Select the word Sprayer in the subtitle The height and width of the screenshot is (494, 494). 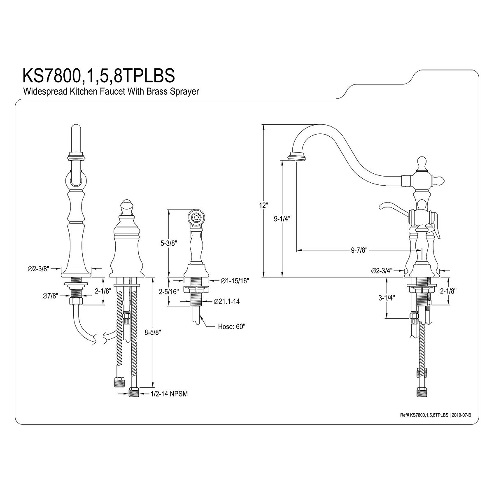point(186,91)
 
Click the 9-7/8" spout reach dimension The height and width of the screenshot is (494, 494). point(359,250)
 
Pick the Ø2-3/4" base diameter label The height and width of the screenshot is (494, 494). point(382,270)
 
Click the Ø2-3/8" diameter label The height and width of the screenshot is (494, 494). point(39,268)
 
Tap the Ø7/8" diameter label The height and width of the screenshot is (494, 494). point(50,296)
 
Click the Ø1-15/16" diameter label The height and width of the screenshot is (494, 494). point(235,281)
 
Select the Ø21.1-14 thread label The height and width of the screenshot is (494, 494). point(227,301)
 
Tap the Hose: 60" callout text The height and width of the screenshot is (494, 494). point(231,327)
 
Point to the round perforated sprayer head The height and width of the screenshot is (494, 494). point(196,217)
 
